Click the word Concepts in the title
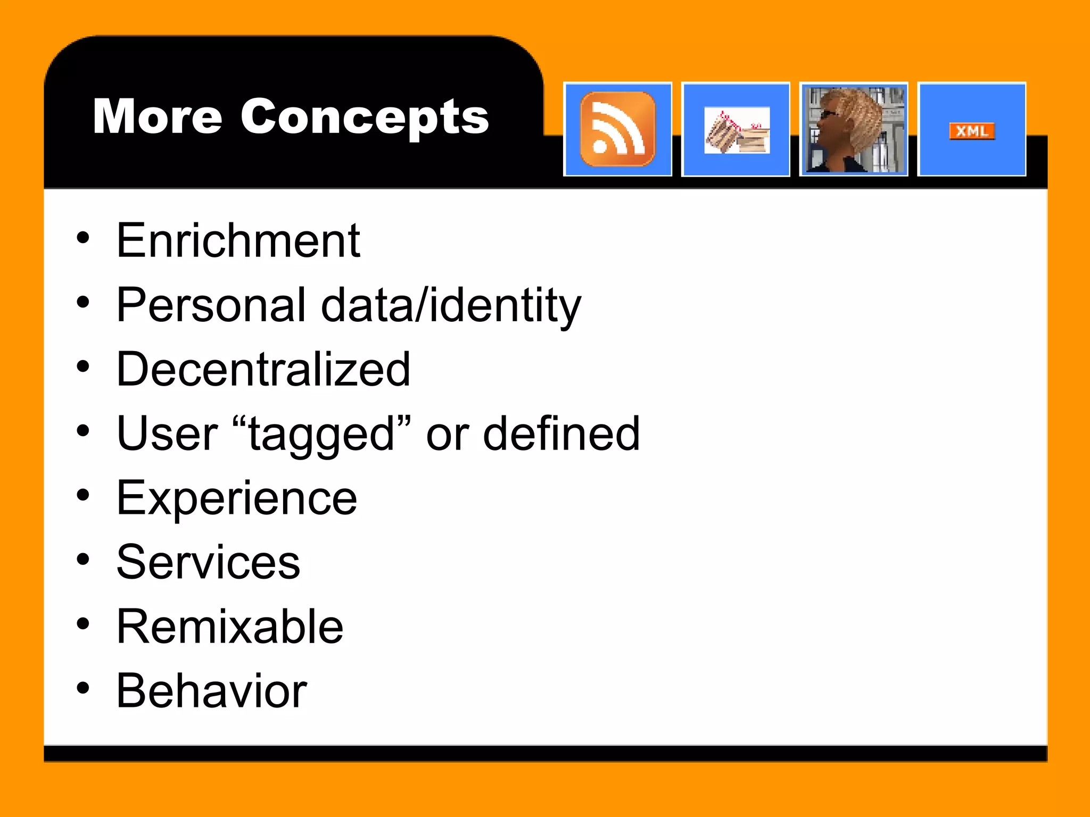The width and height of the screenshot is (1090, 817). click(365, 118)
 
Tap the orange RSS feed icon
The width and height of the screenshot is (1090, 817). click(617, 129)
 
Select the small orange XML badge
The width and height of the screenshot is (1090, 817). click(972, 131)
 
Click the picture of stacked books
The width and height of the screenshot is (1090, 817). click(737, 131)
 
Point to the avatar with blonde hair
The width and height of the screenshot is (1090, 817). click(853, 129)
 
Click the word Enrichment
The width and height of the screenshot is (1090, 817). click(238, 241)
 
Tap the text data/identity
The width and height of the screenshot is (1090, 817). click(451, 306)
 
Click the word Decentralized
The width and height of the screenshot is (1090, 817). click(263, 369)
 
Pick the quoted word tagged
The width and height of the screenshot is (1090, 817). click(322, 434)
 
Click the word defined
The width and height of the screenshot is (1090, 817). click(561, 434)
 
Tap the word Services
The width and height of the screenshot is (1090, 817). click(208, 562)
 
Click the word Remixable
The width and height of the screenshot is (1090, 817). click(230, 627)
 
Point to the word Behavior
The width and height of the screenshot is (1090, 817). click(211, 691)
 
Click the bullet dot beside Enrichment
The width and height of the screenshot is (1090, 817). click(82, 238)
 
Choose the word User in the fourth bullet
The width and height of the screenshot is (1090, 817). click(167, 434)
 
